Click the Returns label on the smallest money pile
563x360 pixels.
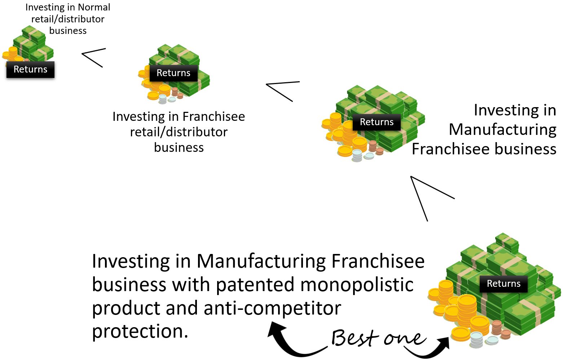tap(30, 69)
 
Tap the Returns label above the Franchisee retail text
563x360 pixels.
tap(173, 73)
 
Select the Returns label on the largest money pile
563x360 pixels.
tap(503, 284)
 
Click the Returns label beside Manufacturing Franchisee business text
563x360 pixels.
tap(377, 122)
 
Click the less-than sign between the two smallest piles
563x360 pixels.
tap(93, 57)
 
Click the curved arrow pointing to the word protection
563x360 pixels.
tap(292, 341)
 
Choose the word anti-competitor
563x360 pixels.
tap(272, 308)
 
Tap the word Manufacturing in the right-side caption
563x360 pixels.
tap(502, 129)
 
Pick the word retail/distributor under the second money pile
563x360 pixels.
tap(179, 132)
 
